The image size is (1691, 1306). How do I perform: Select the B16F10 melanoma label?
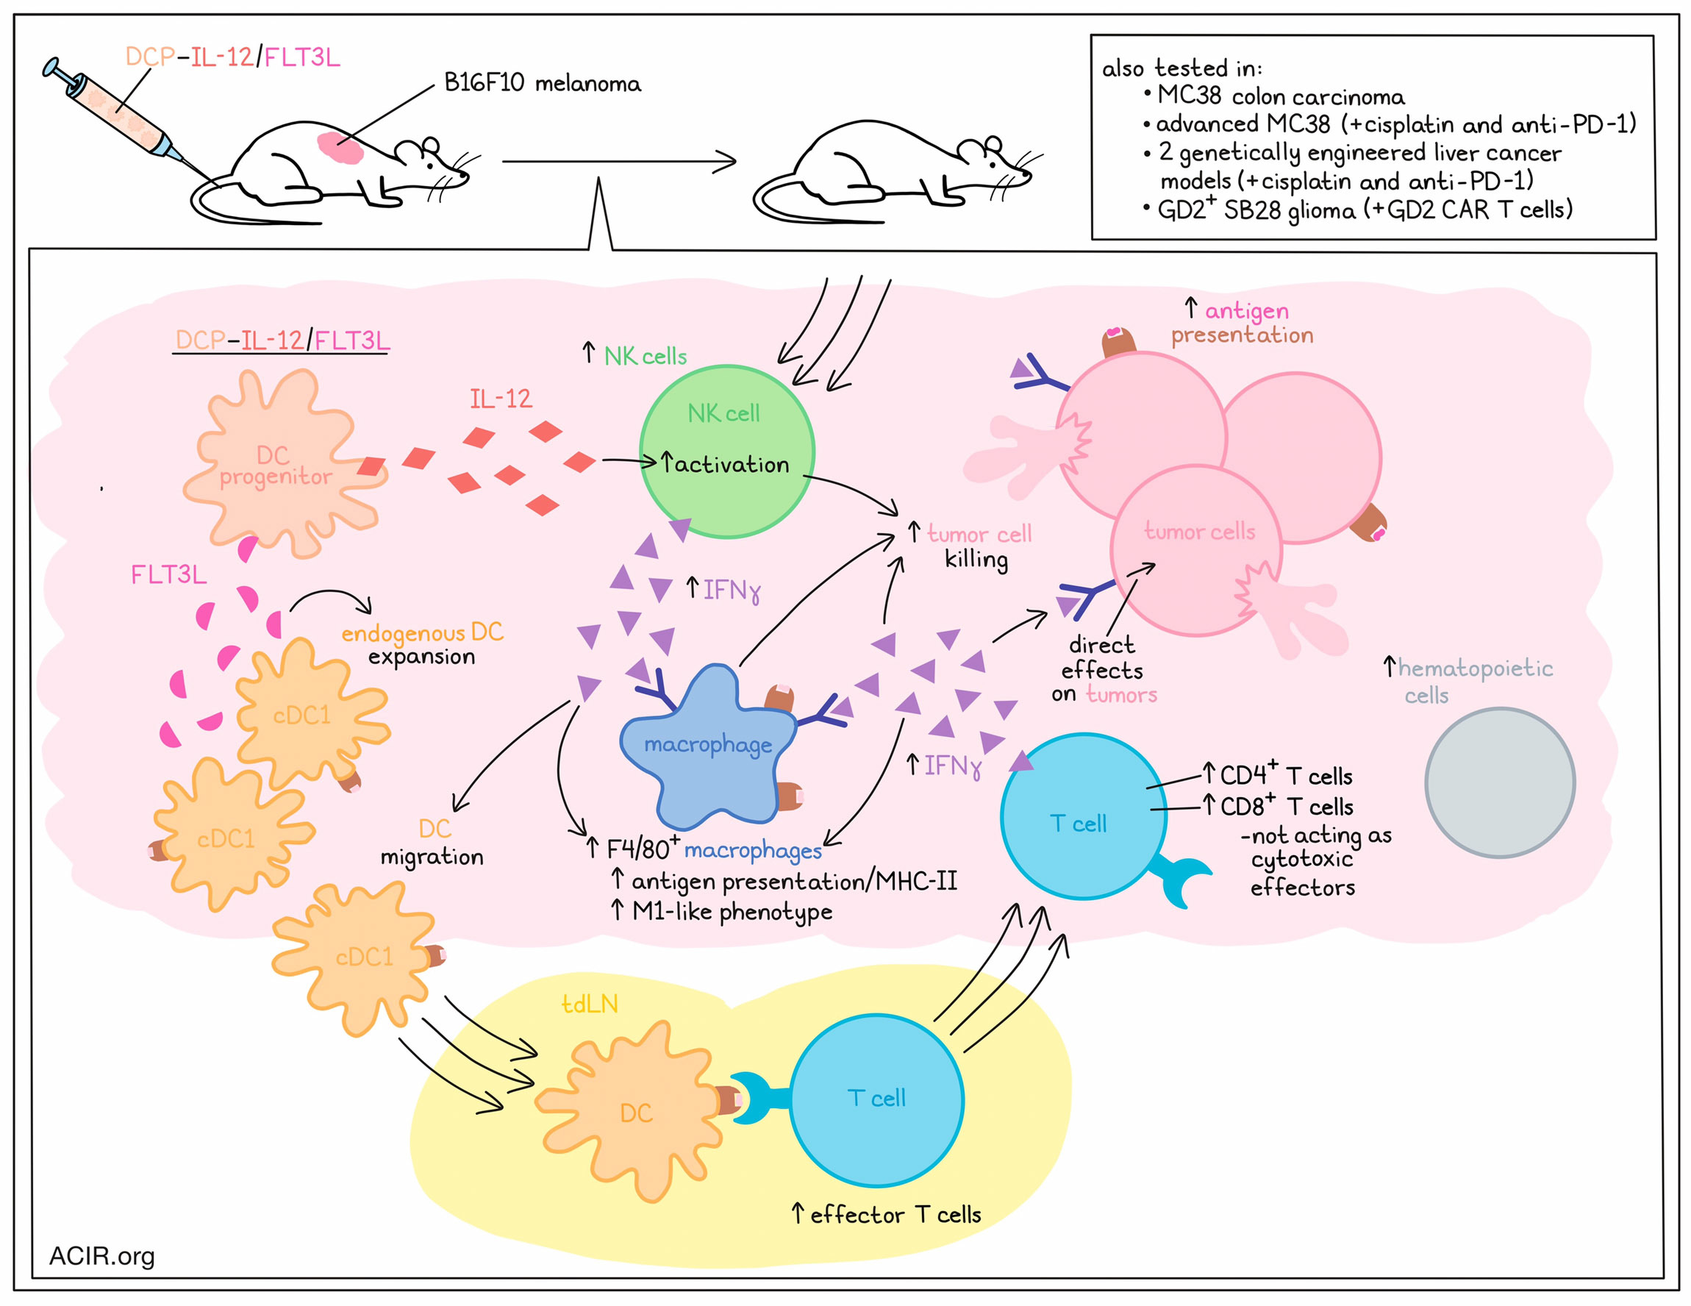542,83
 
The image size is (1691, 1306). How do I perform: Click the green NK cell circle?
727,452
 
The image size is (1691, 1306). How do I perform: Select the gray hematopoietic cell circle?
1500,782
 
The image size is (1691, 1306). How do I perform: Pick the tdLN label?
589,1004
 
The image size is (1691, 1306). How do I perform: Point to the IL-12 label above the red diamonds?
500,399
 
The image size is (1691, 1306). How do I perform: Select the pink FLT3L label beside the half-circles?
169,574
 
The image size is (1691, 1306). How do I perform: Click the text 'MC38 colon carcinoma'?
1281,96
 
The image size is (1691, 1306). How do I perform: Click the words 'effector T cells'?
895,1214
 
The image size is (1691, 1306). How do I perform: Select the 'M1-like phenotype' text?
732,912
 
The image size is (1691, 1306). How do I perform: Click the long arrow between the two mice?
618,162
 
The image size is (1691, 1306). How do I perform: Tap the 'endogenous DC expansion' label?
422,643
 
